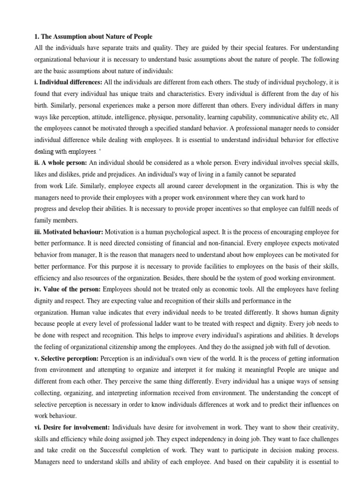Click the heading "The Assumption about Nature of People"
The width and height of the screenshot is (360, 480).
tap(97, 37)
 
